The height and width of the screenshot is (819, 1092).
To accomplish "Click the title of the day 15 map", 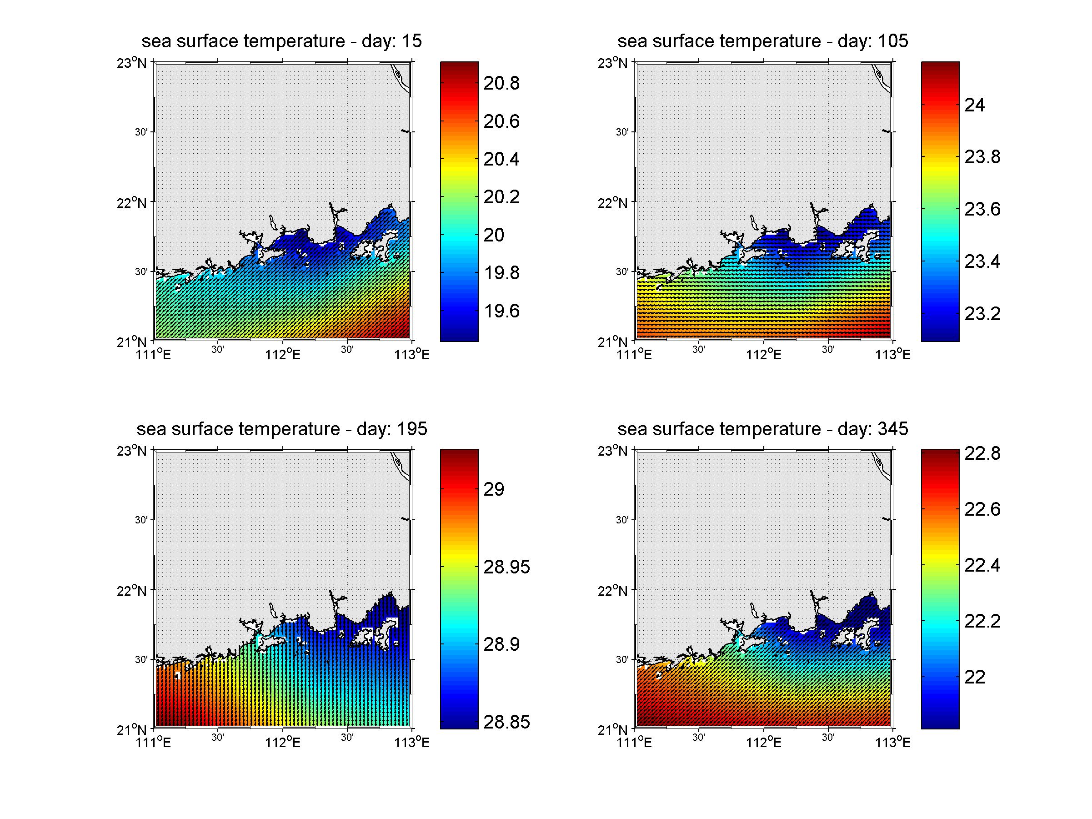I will (281, 41).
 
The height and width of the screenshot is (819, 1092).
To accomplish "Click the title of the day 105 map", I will (762, 41).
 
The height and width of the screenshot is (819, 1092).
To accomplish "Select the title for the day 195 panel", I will (281, 428).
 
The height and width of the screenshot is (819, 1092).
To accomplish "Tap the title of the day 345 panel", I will (762, 428).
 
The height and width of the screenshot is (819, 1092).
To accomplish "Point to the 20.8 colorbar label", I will (501, 83).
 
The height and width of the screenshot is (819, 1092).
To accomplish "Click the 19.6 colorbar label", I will (501, 311).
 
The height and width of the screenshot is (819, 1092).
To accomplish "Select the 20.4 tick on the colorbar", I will (501, 159).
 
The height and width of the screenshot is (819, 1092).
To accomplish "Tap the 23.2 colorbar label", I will (982, 313).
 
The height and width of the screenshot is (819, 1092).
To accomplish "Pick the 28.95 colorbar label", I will (506, 567).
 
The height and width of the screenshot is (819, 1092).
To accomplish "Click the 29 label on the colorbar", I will (493, 489).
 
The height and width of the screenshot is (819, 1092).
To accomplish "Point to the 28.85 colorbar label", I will (506, 722).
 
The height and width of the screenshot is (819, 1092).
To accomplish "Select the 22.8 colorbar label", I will (982, 453).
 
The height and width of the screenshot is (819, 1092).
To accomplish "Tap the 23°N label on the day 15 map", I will (131, 63).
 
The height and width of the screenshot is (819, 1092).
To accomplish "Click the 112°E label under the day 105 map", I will (763, 354).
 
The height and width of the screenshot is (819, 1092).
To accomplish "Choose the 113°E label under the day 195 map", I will (412, 743).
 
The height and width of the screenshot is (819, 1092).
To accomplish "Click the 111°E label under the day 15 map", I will (153, 354).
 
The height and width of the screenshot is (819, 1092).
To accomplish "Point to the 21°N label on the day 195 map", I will (131, 730).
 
